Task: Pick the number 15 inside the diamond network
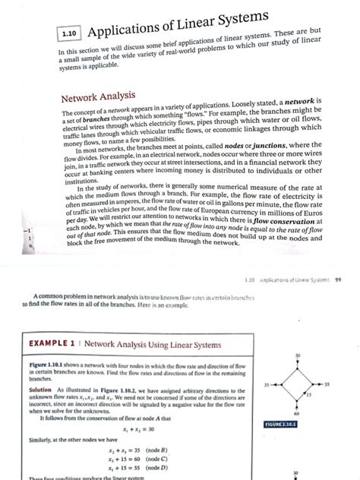pyautogui.click(x=308, y=395)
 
